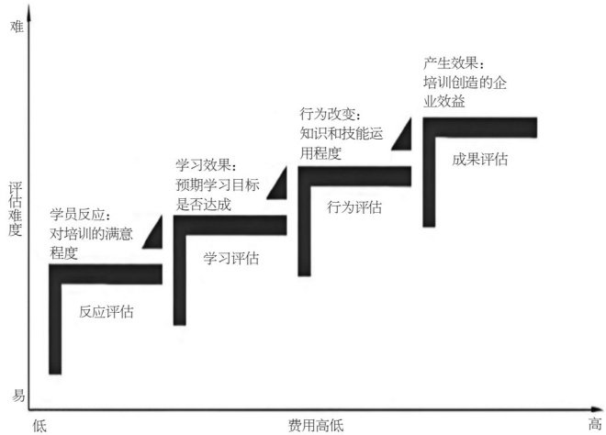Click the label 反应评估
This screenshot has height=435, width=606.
(106, 311)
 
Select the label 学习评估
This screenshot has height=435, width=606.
(230, 258)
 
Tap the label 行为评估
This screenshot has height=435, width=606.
(354, 207)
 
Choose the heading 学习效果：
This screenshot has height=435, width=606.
(206, 166)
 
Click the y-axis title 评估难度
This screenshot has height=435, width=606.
(14, 207)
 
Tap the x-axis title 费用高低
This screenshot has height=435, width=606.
(316, 425)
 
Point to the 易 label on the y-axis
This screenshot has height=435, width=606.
(17, 395)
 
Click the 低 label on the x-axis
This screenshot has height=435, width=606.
(39, 425)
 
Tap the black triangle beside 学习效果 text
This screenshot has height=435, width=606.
(280, 186)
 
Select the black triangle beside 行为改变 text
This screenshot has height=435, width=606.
(403, 137)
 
